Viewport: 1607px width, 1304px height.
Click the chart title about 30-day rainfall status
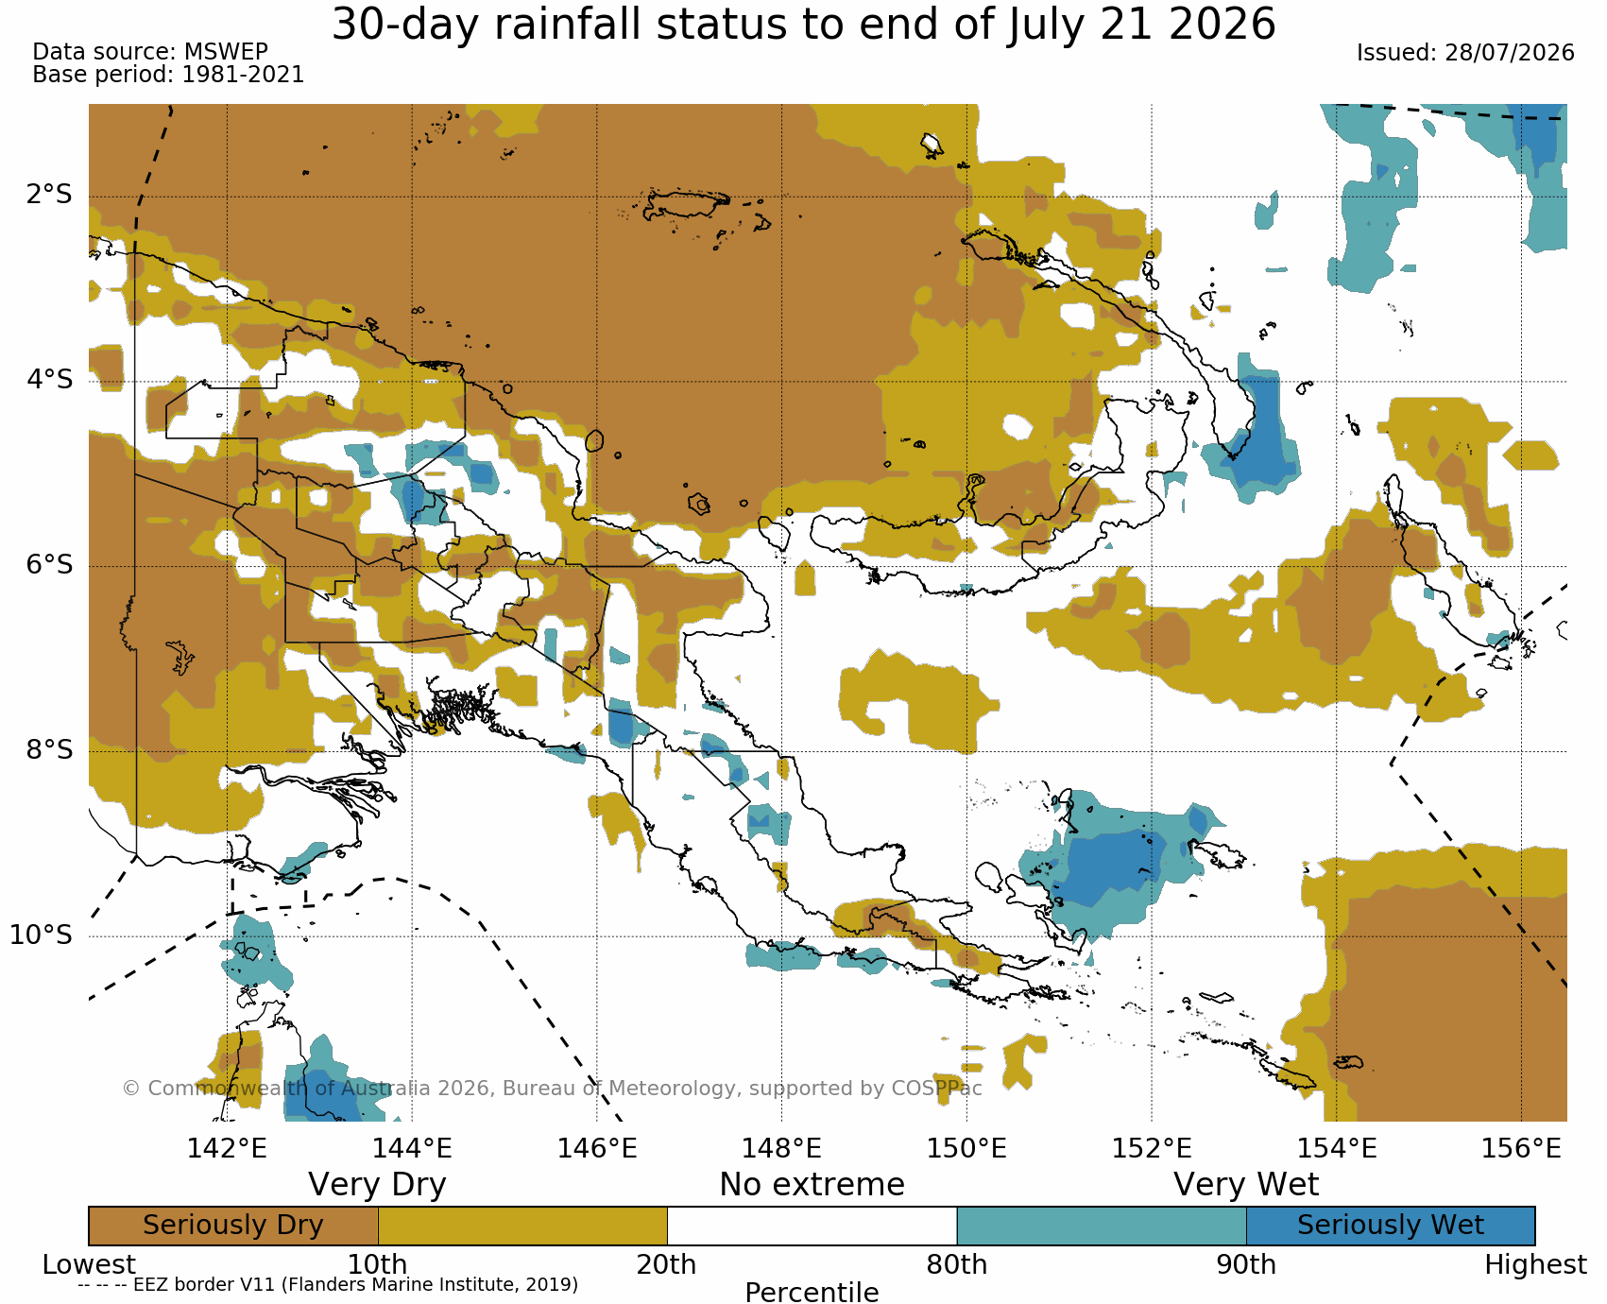click(x=803, y=25)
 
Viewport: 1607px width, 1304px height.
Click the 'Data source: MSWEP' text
click(x=150, y=52)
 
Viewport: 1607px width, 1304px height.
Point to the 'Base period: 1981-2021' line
click(x=168, y=75)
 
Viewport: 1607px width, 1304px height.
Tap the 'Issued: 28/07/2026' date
click(x=1465, y=53)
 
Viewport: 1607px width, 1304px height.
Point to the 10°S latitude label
click(x=42, y=935)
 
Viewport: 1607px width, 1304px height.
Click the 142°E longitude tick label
click(x=227, y=1148)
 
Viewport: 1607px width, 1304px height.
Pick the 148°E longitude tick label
click(x=781, y=1148)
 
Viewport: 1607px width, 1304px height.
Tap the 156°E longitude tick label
click(x=1521, y=1148)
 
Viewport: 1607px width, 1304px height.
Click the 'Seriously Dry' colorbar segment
click(x=233, y=1226)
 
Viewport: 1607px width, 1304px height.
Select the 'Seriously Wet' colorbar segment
click(x=1391, y=1226)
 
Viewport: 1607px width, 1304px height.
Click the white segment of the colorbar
click(x=812, y=1226)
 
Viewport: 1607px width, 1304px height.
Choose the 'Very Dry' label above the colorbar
click(x=377, y=1185)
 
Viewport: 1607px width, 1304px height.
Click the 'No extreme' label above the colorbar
click(x=812, y=1185)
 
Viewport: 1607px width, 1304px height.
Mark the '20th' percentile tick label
click(x=667, y=1264)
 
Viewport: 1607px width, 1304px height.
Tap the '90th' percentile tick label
click(x=1246, y=1264)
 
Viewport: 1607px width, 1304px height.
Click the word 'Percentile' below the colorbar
click(x=812, y=1292)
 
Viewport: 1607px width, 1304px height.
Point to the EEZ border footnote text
click(x=328, y=1285)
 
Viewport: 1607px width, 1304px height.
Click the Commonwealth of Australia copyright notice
click(x=553, y=1089)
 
